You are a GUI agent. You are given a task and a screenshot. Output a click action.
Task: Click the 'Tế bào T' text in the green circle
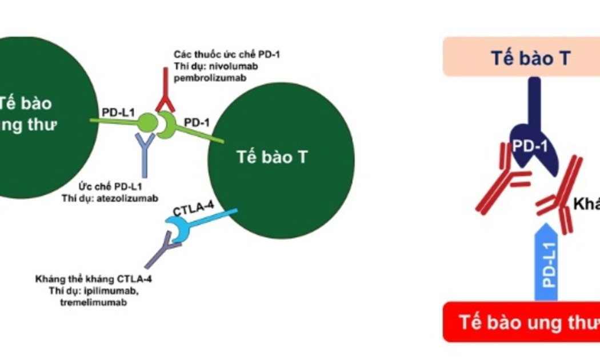[272, 157]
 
